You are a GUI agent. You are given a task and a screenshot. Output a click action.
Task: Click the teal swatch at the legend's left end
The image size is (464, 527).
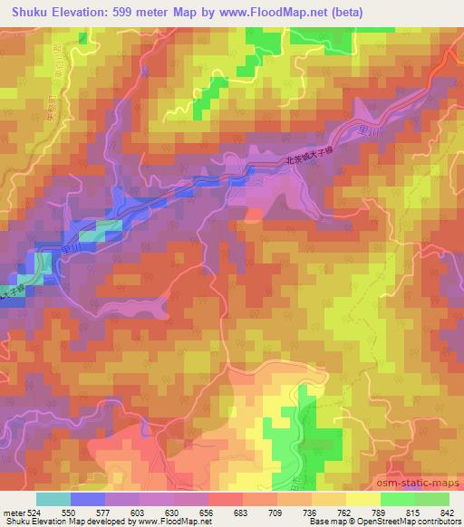pos(52,499)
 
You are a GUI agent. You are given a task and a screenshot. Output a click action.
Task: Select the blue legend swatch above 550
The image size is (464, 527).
pos(88,499)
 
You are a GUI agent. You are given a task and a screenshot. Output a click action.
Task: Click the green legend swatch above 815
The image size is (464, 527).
pos(397,499)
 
